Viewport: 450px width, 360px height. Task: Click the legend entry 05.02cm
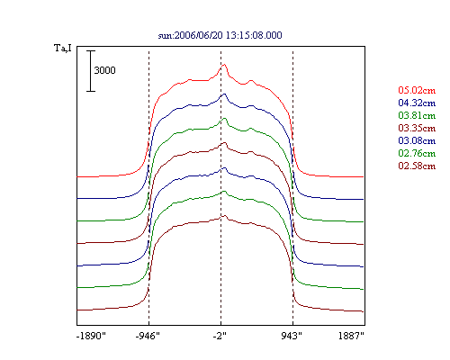pos(417,90)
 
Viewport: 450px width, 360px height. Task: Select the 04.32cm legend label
pos(417,103)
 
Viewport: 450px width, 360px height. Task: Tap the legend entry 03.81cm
pos(417,115)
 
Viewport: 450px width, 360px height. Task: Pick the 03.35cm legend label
pos(417,128)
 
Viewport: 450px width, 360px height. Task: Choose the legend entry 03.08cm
pos(417,140)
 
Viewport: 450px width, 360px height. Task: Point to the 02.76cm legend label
pos(417,153)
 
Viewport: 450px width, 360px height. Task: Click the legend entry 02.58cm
pos(417,166)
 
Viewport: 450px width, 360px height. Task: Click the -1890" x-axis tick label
pos(91,336)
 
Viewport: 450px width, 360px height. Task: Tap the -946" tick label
pos(148,336)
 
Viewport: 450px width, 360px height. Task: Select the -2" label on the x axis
pos(220,336)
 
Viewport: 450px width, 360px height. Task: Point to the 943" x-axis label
pos(292,336)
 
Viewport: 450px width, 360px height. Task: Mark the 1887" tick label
pos(351,336)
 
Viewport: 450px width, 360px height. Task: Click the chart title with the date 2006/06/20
pos(220,35)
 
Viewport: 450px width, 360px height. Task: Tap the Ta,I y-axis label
pos(63,48)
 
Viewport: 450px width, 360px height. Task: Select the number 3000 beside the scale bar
pos(104,70)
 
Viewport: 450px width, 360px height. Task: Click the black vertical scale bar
pos(91,71)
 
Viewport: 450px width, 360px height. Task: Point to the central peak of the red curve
pos(224,64)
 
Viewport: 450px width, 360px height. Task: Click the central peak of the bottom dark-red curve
pos(224,216)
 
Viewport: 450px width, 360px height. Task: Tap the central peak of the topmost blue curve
pos(224,94)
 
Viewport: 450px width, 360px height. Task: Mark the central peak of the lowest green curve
pos(224,192)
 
